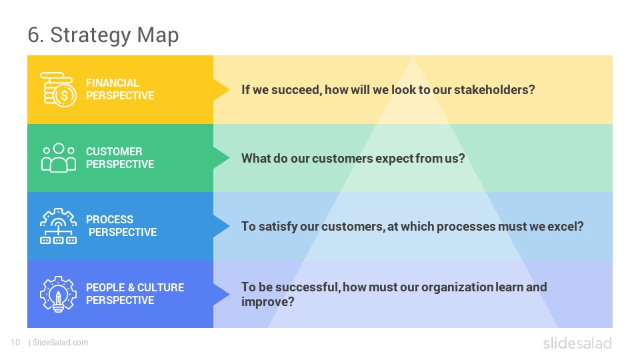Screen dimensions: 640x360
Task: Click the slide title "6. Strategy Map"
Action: [x=103, y=35]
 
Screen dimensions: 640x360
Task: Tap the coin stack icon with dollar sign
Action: [x=59, y=90]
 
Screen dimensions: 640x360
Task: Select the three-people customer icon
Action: [x=59, y=158]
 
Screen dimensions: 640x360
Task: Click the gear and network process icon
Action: [x=59, y=226]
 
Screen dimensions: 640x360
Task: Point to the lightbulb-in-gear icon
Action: [x=59, y=294]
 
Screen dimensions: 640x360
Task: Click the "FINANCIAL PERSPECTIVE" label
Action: [x=120, y=89]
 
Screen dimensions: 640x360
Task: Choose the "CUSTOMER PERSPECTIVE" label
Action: [x=120, y=157]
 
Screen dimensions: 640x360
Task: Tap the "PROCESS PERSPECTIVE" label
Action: [x=121, y=226]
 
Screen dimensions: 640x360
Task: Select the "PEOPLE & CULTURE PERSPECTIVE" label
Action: [x=135, y=294]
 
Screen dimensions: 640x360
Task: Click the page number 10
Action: [x=15, y=343]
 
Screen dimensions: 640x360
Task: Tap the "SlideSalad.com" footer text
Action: [x=61, y=343]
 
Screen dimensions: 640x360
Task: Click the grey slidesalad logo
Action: [x=577, y=343]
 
